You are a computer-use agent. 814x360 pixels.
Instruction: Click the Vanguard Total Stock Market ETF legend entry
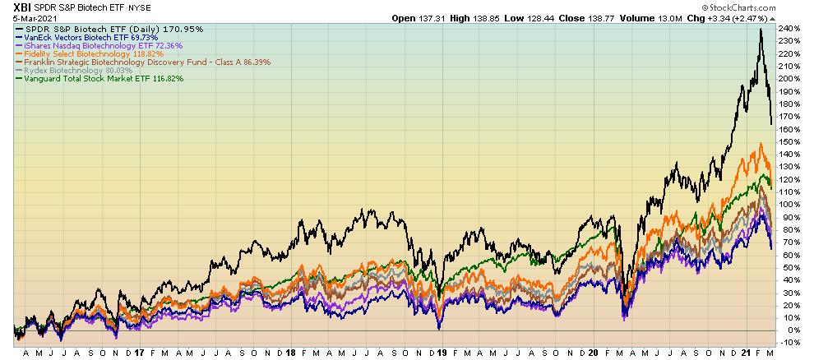99,79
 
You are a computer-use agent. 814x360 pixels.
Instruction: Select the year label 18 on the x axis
291,352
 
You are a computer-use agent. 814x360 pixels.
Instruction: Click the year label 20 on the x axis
593,352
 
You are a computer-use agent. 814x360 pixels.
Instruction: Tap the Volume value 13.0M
668,16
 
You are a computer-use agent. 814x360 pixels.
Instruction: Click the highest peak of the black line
761,30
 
